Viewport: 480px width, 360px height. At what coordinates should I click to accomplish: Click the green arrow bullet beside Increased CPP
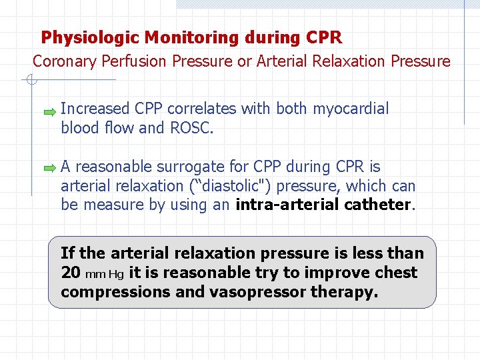pos(50,113)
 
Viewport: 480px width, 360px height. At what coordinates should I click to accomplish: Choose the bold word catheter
pos(377,205)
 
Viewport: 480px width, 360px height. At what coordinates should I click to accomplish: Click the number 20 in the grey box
pos(71,273)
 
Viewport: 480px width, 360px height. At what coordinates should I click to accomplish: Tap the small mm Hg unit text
pos(105,274)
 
